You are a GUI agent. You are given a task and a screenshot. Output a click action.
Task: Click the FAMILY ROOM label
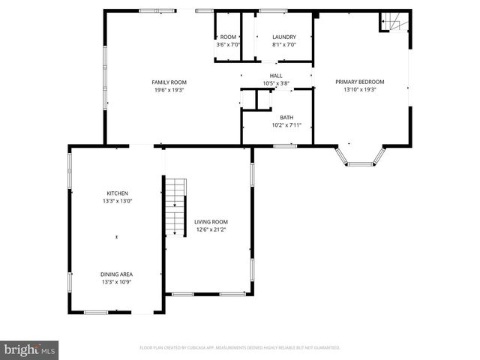tap(169, 82)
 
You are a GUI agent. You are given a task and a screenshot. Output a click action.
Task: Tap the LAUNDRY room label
tap(283, 37)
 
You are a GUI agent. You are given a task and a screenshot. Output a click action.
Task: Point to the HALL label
tap(276, 76)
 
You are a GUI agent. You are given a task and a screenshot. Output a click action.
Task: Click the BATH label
tap(286, 117)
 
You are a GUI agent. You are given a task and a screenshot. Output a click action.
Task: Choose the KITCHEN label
tap(116, 193)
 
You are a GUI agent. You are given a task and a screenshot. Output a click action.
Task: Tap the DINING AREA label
tap(116, 274)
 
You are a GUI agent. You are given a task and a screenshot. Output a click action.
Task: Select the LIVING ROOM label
tap(211, 222)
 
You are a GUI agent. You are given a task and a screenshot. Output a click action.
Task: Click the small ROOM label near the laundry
tap(228, 37)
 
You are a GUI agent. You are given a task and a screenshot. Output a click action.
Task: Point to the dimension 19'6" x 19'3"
tap(169, 90)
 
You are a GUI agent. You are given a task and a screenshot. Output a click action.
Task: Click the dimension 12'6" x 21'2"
tap(211, 229)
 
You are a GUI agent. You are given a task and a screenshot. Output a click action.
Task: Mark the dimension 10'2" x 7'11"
tap(286, 125)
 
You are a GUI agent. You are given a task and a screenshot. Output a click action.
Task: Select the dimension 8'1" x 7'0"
tap(283, 45)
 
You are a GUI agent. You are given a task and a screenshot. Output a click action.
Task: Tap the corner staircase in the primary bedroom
tap(395, 23)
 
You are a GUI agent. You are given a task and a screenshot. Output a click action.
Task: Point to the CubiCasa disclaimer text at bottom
tap(240, 348)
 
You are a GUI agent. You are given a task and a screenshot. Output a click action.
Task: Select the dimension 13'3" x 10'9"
tap(116, 283)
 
